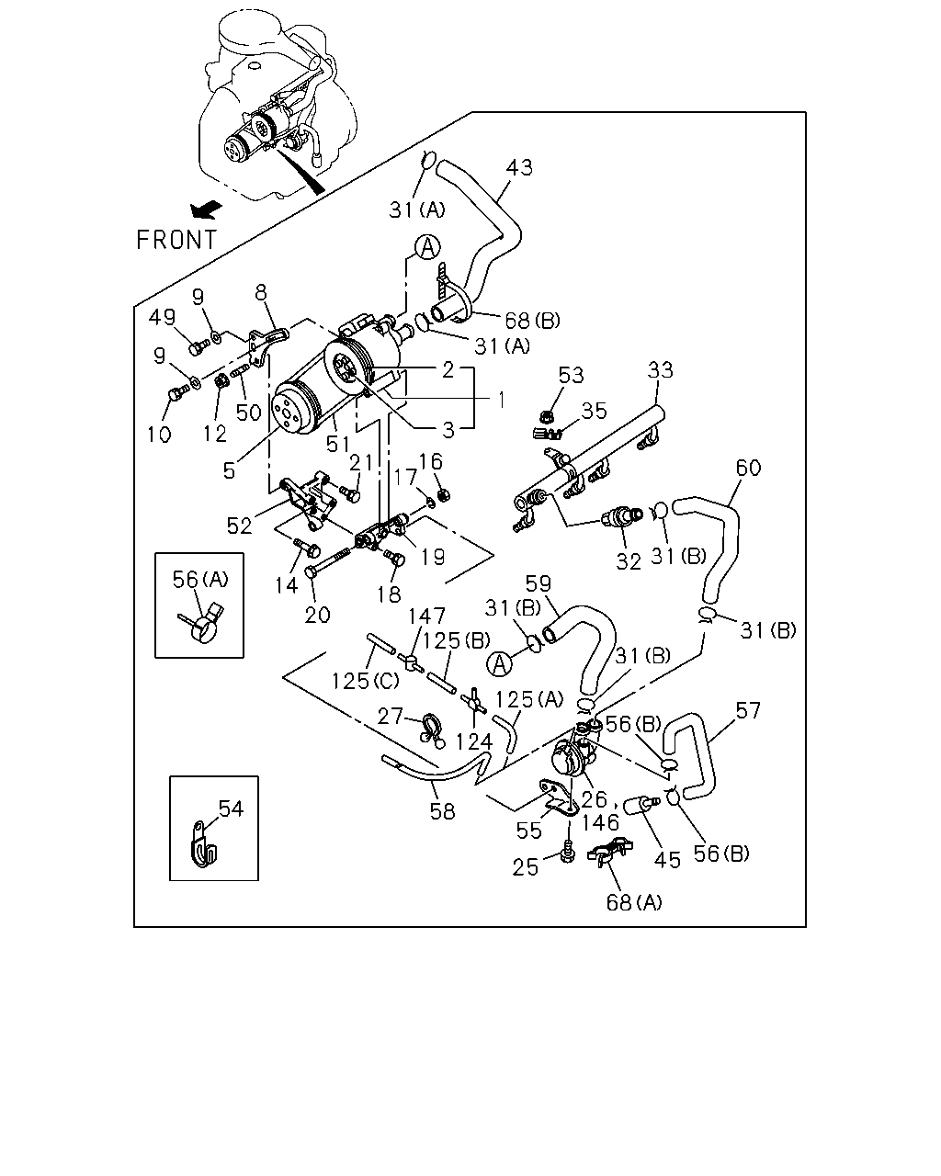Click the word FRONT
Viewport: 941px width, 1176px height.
click(x=176, y=240)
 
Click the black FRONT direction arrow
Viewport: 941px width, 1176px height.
click(x=206, y=210)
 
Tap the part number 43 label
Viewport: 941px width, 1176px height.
click(x=519, y=167)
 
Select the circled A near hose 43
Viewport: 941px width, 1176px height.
click(x=427, y=247)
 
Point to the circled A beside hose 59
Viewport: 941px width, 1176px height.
click(x=499, y=664)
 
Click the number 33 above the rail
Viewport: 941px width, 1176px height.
click(x=660, y=370)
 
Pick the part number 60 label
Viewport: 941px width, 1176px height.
click(x=748, y=468)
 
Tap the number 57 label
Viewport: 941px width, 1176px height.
click(x=748, y=710)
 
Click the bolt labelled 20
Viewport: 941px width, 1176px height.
click(x=331, y=561)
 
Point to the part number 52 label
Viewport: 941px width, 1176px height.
click(x=239, y=526)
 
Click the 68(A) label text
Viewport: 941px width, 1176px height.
click(x=634, y=902)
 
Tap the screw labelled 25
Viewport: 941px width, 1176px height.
click(x=568, y=853)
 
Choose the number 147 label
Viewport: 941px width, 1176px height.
click(x=426, y=616)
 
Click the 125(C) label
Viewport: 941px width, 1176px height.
click(x=365, y=681)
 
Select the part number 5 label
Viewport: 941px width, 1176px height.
click(x=229, y=470)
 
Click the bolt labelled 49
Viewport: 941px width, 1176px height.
click(x=198, y=346)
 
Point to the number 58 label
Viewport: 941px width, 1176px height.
click(x=442, y=811)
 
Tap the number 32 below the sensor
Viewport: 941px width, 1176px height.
click(x=629, y=561)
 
